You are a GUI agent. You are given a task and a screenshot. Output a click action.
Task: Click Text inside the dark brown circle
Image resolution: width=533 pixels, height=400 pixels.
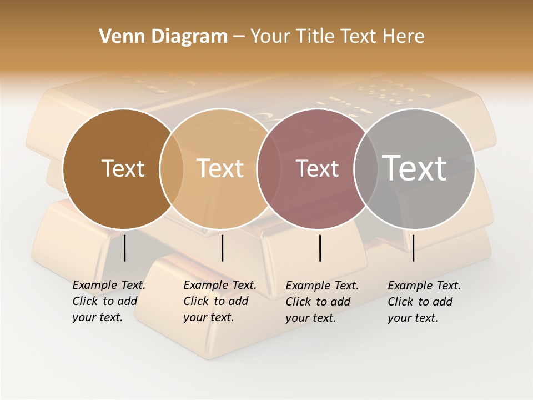point(123,168)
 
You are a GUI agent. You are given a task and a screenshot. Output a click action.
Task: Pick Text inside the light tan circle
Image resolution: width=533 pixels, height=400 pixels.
point(220,168)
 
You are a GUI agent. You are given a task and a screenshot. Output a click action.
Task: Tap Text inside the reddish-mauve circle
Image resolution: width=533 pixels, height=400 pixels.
point(318,168)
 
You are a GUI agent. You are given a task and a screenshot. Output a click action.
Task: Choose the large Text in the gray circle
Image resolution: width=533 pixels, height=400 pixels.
point(415,168)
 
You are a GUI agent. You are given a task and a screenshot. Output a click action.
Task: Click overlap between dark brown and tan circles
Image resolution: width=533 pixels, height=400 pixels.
point(172,168)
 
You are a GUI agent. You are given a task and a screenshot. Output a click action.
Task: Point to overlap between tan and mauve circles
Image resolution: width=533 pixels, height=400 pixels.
point(269,168)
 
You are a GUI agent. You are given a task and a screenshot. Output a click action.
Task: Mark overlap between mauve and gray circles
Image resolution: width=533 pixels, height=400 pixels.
point(365,168)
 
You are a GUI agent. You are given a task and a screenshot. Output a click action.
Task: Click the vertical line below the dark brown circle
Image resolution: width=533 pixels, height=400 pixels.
point(125,248)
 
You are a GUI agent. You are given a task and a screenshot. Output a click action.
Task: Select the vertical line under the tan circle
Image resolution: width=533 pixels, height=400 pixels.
point(222,248)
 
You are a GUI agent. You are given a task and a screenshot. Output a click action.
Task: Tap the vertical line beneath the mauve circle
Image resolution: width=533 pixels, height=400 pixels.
point(320,248)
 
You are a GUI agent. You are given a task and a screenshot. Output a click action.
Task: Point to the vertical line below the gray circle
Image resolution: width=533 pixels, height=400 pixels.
point(414,248)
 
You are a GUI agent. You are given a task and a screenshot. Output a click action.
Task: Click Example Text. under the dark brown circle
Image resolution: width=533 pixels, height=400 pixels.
point(109,285)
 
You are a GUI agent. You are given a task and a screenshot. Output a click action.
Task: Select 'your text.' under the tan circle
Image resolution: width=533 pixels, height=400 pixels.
point(208,317)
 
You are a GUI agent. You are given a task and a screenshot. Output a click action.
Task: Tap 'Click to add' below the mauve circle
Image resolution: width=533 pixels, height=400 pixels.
point(318,301)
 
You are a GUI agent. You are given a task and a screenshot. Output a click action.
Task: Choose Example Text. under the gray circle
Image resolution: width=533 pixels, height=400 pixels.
point(424,286)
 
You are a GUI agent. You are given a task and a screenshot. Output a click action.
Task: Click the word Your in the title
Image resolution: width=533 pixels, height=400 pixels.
point(270,37)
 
